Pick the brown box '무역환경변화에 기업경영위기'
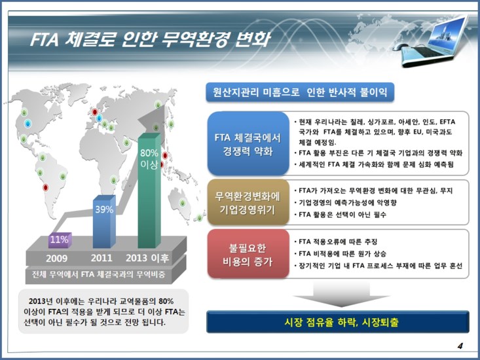(248, 203)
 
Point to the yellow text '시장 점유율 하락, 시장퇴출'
(337, 322)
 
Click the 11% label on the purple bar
(60, 240)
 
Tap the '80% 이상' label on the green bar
(149, 159)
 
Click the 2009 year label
(56, 257)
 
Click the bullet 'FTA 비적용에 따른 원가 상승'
(343, 253)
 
